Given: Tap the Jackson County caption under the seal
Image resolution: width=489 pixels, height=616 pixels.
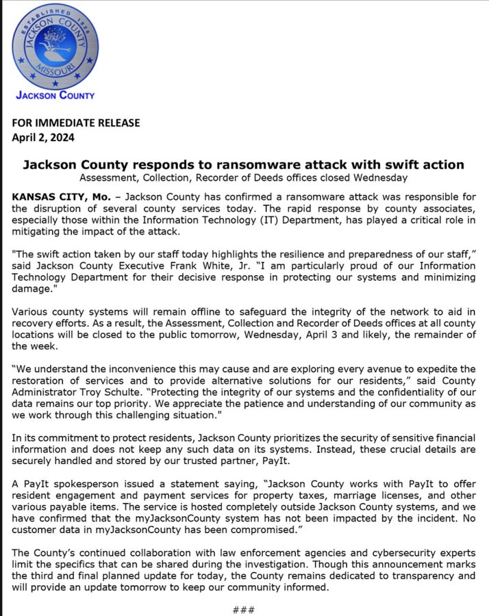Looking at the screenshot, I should (55, 95).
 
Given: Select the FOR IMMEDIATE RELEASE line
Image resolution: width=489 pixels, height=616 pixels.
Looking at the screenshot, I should (76, 123).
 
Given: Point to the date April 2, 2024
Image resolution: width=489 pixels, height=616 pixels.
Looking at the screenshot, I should (44, 136).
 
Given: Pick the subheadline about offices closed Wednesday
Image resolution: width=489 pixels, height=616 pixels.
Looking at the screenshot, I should (243, 178).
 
